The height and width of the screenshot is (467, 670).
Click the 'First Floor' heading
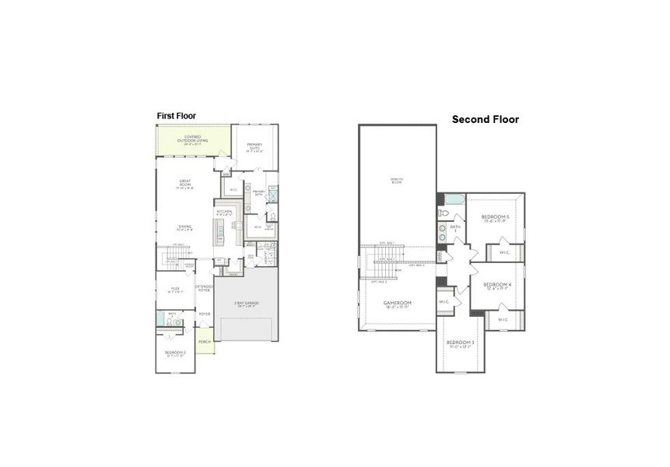point(177,116)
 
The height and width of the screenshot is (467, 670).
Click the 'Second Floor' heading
point(486,120)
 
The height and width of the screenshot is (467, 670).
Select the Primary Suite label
point(255,147)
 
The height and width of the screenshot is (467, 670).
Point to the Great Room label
point(185,184)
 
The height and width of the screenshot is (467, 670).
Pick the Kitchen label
point(223,212)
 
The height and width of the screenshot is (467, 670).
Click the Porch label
point(205,342)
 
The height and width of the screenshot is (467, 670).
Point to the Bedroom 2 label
point(174,354)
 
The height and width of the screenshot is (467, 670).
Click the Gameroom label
point(397,304)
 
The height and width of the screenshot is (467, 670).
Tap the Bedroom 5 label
point(496,218)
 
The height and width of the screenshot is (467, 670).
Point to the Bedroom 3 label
point(460,345)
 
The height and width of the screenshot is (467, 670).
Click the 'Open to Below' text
point(397,181)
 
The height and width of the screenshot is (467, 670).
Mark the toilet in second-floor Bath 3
point(443,212)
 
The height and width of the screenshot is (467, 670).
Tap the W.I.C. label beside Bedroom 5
point(504,252)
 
